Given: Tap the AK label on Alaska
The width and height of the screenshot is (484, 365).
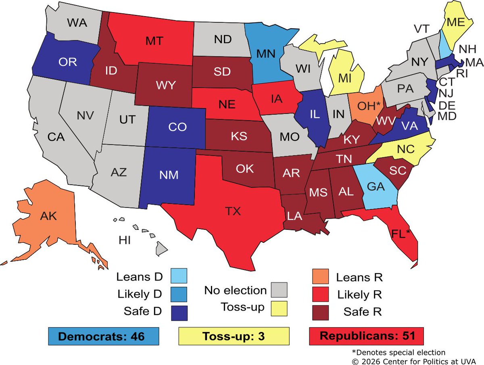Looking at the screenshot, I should click(x=48, y=216).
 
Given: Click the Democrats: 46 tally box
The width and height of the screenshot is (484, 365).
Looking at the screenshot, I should click(x=103, y=336).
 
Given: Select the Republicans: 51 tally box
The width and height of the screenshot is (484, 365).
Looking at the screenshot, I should click(x=367, y=336).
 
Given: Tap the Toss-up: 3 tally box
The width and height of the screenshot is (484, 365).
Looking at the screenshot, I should click(x=234, y=336).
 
